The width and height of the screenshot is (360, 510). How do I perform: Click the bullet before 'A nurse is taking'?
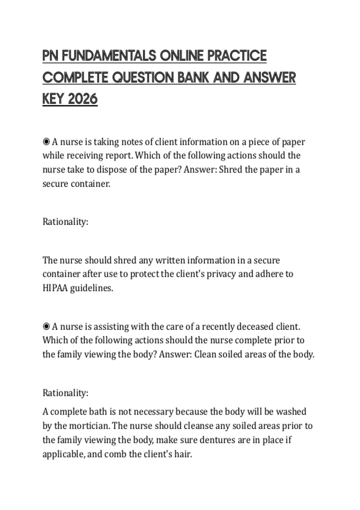click(x=46, y=142)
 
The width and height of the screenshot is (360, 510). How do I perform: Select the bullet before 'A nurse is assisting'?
click(x=46, y=326)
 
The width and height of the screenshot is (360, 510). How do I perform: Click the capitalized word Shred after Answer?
click(x=230, y=169)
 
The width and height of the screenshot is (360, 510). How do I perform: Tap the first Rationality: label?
click(x=65, y=222)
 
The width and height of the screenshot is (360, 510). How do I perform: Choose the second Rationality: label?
click(x=65, y=393)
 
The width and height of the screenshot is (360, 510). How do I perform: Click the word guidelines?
click(x=91, y=288)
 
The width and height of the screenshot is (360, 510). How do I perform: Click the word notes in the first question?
click(x=131, y=142)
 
